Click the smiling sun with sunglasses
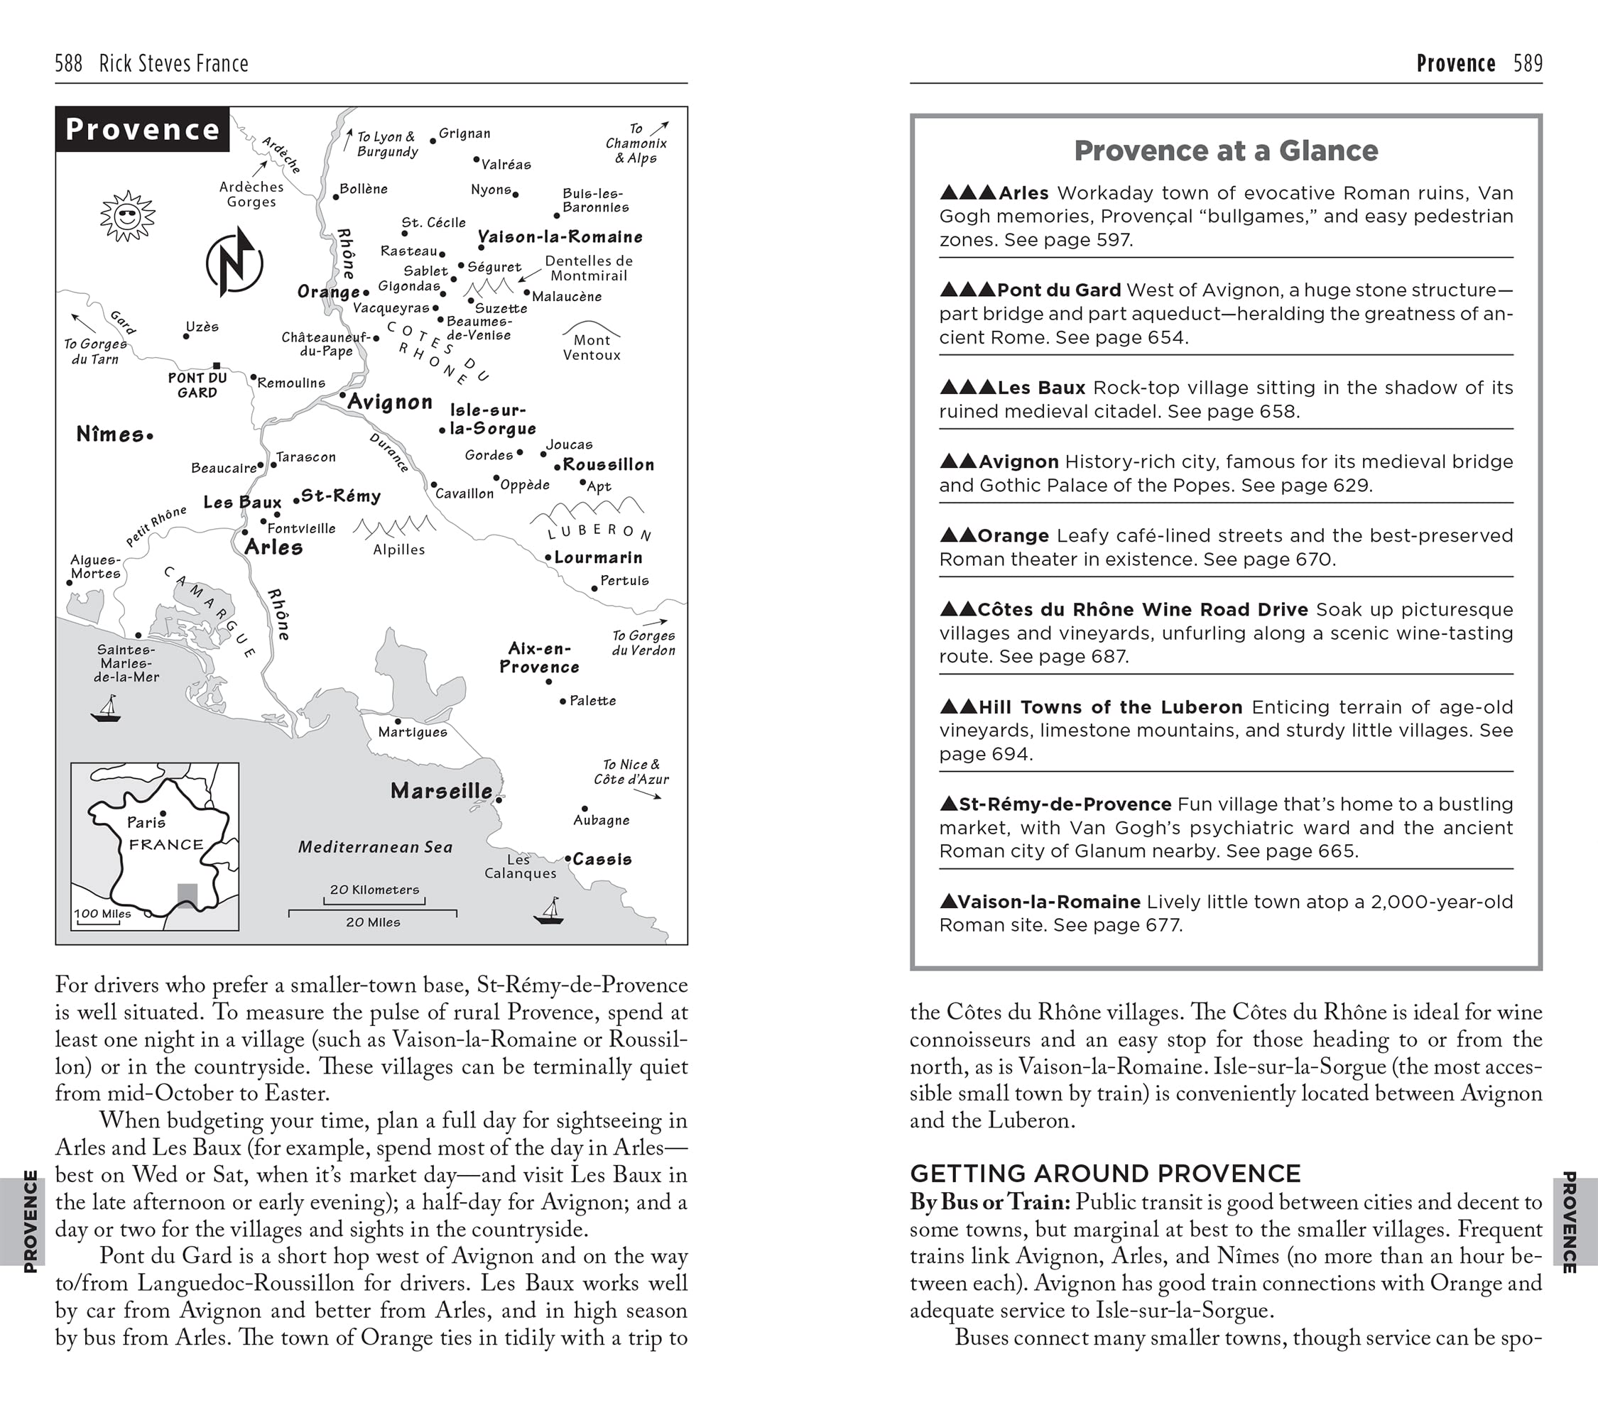pyautogui.click(x=127, y=215)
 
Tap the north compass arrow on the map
pyautogui.click(x=234, y=262)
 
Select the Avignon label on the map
pyautogui.click(x=389, y=403)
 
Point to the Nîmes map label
pyautogui.click(x=110, y=435)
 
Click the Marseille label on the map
pyautogui.click(x=442, y=791)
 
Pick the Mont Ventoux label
pyautogui.click(x=592, y=348)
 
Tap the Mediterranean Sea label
pyautogui.click(x=375, y=847)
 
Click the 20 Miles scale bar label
pyautogui.click(x=373, y=922)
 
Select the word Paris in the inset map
pyautogui.click(x=146, y=822)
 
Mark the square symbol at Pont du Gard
pyautogui.click(x=217, y=366)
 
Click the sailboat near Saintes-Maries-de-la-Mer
pyautogui.click(x=107, y=709)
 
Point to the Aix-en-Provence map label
pyautogui.click(x=540, y=658)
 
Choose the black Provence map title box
pyautogui.click(x=142, y=129)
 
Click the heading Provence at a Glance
pyautogui.click(x=1226, y=151)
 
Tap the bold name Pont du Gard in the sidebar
pyautogui.click(x=1060, y=290)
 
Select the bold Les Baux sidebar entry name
pyautogui.click(x=1041, y=388)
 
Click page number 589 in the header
pyautogui.click(x=1528, y=63)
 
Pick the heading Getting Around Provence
pyautogui.click(x=1104, y=1174)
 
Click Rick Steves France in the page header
pyautogui.click(x=173, y=63)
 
